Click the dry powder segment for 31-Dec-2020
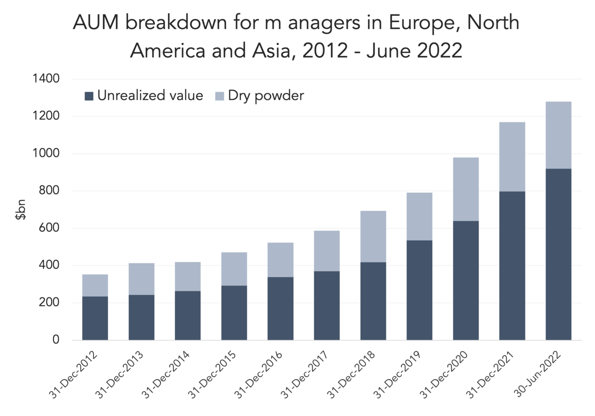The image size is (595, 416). (466, 189)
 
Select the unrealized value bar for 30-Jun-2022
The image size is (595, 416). (558, 254)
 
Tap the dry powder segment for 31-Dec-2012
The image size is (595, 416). (95, 285)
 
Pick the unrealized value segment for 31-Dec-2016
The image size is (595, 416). (281, 309)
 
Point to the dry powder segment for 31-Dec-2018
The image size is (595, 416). (373, 236)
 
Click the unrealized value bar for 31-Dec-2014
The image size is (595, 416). (188, 315)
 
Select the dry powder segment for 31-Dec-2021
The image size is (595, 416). (512, 157)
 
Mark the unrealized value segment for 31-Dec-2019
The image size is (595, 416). (419, 290)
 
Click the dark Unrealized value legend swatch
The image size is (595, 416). (89, 96)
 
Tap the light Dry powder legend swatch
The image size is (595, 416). (220, 96)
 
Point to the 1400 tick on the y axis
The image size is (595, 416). (46, 78)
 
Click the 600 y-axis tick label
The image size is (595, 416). (49, 228)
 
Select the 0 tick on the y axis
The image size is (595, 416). (56, 340)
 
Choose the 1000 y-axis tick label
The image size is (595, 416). (46, 153)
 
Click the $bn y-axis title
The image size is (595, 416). (21, 209)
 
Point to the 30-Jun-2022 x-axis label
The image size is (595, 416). (538, 375)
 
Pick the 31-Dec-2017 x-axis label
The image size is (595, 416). (305, 375)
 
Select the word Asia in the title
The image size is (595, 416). (274, 51)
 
